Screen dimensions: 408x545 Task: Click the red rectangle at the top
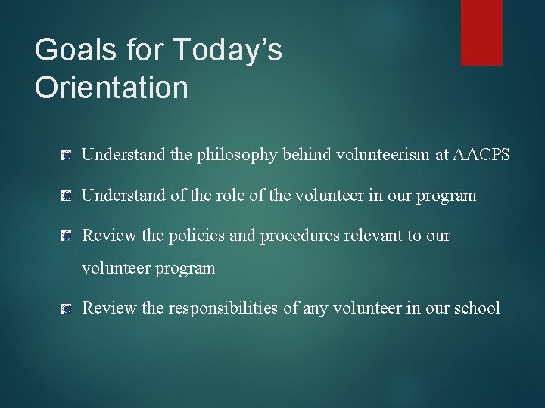(481, 32)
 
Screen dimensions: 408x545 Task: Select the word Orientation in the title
(111, 88)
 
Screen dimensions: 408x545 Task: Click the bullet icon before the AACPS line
(67, 156)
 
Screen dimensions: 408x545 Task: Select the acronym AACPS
(481, 155)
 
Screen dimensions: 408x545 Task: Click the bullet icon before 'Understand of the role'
(67, 196)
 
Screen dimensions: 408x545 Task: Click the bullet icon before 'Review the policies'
(67, 236)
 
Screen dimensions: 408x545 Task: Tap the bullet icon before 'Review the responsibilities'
(67, 308)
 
